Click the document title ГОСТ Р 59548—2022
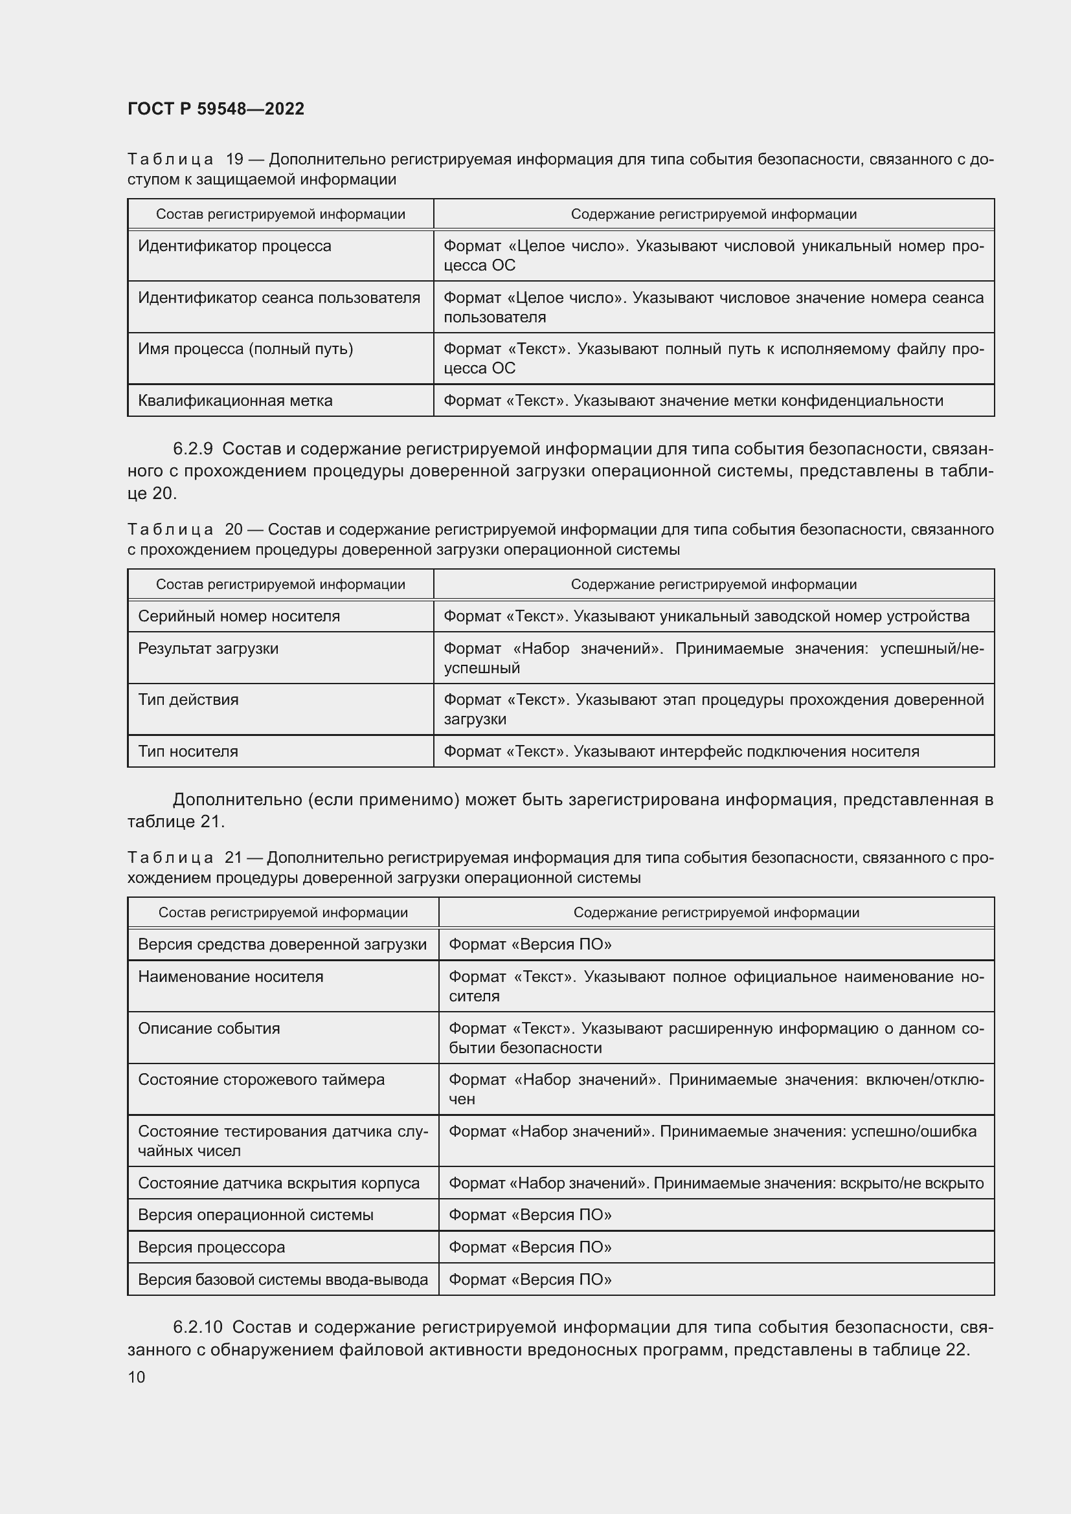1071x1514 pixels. [216, 109]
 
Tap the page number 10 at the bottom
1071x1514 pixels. [136, 1377]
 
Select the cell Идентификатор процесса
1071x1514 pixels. [234, 246]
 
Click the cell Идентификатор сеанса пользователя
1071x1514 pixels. [278, 297]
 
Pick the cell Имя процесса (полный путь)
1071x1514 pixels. [245, 349]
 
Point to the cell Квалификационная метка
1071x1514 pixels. [235, 400]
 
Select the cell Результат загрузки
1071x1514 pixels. [208, 648]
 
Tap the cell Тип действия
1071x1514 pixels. [188, 700]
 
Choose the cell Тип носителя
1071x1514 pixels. [188, 751]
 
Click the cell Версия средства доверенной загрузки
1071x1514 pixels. [282, 944]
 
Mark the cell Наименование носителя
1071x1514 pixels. [230, 977]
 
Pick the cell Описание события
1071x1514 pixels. [209, 1028]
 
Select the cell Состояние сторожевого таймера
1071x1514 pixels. [261, 1080]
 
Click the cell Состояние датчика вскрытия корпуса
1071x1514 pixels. [278, 1183]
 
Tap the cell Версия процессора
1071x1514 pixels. [211, 1247]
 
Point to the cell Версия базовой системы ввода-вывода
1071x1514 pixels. [282, 1279]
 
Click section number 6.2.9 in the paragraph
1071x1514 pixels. [192, 449]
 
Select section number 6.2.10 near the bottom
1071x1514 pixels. [198, 1327]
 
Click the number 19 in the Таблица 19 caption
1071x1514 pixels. [234, 160]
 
